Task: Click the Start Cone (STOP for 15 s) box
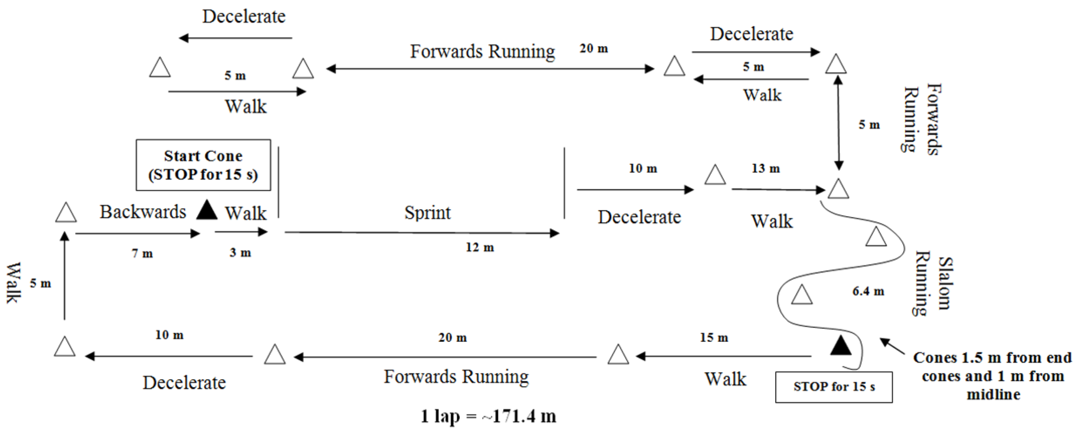point(203,165)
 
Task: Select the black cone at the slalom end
point(841,346)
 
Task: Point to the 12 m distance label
point(480,248)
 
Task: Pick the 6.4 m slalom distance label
point(868,291)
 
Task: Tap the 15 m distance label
point(714,337)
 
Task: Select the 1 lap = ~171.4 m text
point(488,416)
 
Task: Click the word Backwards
point(143,212)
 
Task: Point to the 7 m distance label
point(142,253)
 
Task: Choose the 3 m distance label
point(240,253)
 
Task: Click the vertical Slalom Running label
point(933,284)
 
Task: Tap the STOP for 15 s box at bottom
point(834,387)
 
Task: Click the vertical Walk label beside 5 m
point(13,283)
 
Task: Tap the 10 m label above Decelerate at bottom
point(169,335)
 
